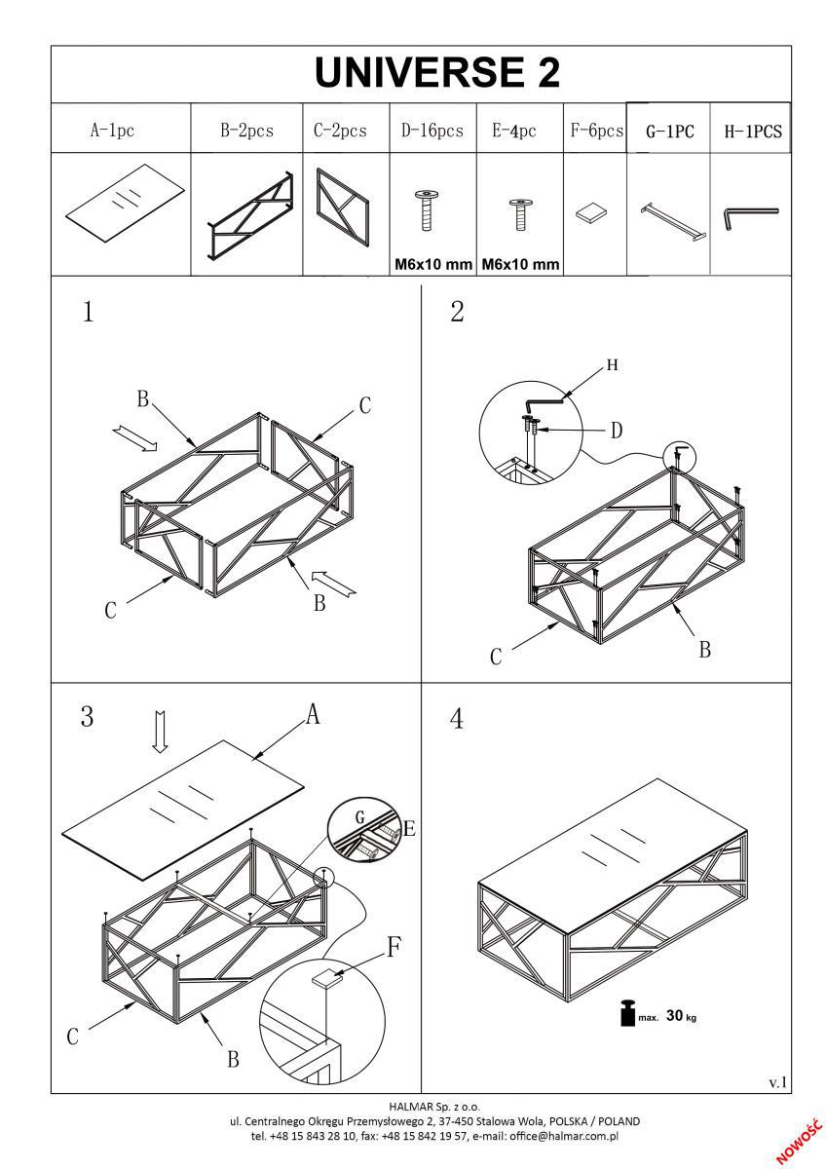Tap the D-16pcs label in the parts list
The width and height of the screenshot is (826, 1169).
(x=432, y=131)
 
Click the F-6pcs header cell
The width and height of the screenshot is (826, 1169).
(x=595, y=131)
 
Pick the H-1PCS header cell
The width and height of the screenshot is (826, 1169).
(x=753, y=132)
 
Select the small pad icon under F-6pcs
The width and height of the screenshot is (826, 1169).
(x=593, y=211)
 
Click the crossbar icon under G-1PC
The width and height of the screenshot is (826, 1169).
(x=670, y=218)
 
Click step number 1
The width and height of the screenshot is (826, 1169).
(x=89, y=313)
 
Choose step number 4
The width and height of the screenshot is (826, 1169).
(x=457, y=718)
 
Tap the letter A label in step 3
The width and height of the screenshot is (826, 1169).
(x=313, y=716)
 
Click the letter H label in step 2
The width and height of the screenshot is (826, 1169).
(x=612, y=365)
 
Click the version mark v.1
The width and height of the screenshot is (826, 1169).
(x=777, y=1082)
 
